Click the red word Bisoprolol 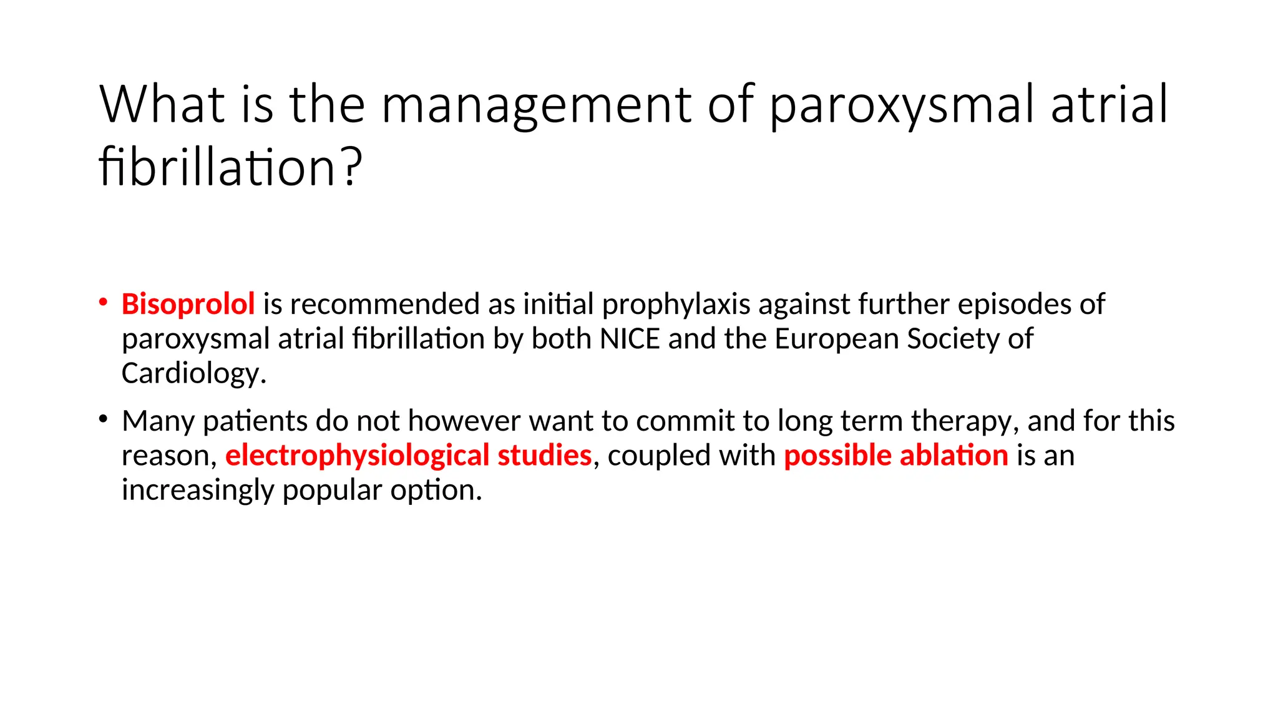tap(188, 305)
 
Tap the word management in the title tap(537, 105)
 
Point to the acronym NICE tap(629, 339)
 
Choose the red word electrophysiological tap(357, 456)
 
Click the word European tap(837, 339)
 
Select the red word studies tap(544, 456)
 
